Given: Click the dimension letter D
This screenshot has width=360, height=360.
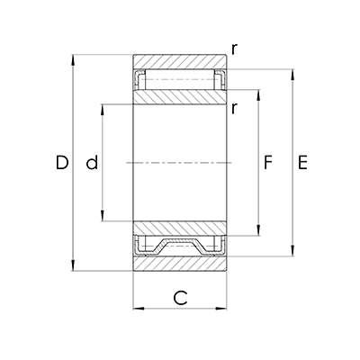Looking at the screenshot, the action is pos(62,163).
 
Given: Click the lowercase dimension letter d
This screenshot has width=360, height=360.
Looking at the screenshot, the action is pos(92,162).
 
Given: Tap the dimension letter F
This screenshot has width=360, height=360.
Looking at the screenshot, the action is pos(267,162).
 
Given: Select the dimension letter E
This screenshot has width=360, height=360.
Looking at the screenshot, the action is pos(302,163).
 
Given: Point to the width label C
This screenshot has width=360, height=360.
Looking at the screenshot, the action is pos(180,298).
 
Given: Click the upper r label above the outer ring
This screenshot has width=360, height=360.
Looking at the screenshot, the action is pos(234,49).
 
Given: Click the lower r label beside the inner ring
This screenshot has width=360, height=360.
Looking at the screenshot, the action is pos(234,108).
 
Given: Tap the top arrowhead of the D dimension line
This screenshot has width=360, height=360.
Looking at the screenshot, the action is pos(73,59).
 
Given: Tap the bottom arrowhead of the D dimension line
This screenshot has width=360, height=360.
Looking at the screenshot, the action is pos(73,265).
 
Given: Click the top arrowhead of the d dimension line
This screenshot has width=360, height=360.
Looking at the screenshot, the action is pos(103,110).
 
